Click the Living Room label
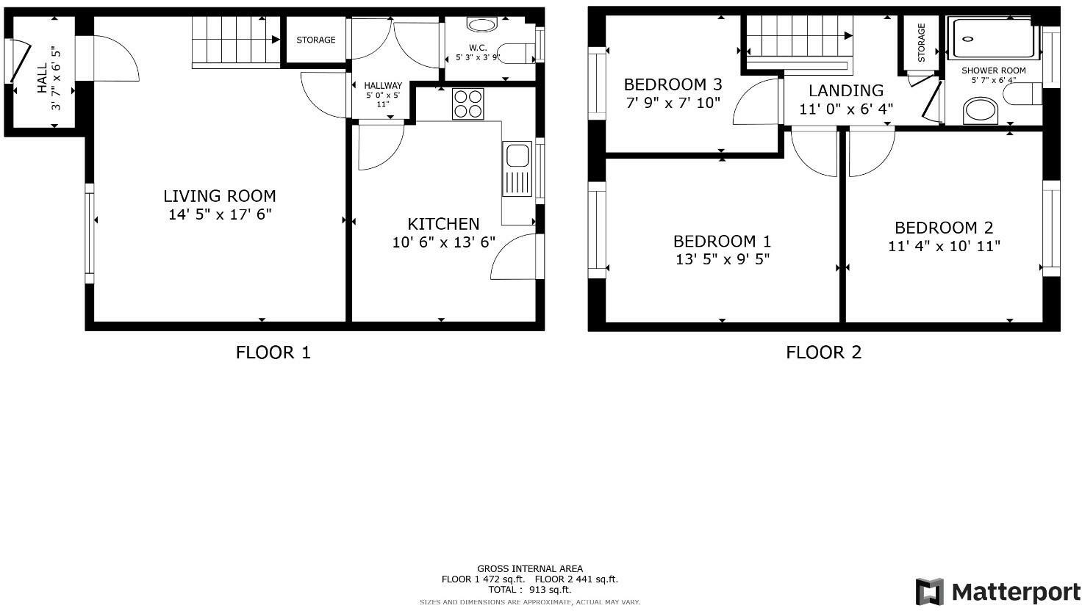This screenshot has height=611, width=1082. (x=219, y=196)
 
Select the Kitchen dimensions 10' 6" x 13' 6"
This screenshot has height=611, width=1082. (x=443, y=242)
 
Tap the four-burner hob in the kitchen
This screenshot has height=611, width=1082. (x=468, y=104)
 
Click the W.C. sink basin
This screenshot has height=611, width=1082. (x=481, y=26)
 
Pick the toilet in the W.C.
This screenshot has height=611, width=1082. (x=520, y=53)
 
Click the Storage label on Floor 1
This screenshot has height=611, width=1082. (x=316, y=40)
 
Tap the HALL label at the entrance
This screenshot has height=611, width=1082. (x=42, y=78)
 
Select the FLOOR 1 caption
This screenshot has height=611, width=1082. (x=273, y=352)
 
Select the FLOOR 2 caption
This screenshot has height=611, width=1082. (x=823, y=352)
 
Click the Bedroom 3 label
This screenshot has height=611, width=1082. (x=673, y=84)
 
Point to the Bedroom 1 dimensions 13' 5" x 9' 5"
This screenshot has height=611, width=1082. (x=722, y=259)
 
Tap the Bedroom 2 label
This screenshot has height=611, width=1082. (x=944, y=228)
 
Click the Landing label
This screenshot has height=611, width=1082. (x=846, y=90)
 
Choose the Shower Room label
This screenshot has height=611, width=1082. (x=993, y=70)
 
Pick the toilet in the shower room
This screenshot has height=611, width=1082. (x=1025, y=94)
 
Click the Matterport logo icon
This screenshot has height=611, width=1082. (x=929, y=592)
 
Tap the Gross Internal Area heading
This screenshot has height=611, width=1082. (x=529, y=568)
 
